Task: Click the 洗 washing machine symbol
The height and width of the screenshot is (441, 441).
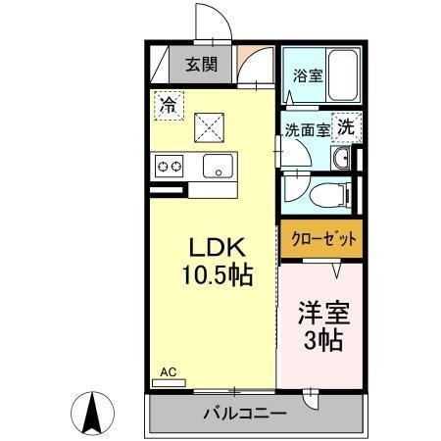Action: (x=346, y=125)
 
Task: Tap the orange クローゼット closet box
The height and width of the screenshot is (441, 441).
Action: (x=318, y=237)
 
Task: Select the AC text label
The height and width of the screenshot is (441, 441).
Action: (x=169, y=373)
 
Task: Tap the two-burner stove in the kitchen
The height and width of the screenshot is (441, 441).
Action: (x=169, y=167)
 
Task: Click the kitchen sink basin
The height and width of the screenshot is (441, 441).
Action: (x=218, y=167)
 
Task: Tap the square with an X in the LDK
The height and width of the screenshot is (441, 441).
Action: (x=207, y=124)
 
